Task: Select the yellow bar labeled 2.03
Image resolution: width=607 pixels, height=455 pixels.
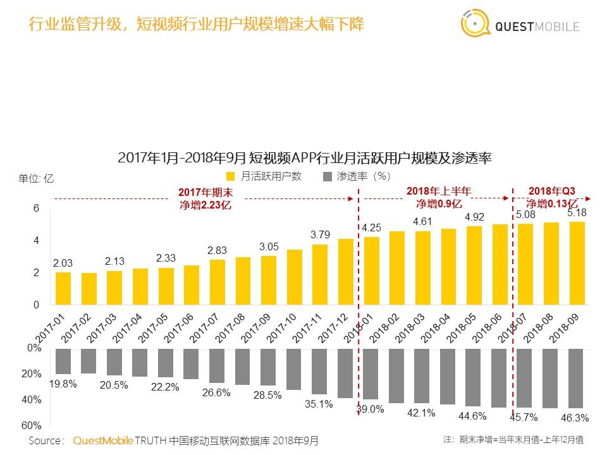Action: [63, 288]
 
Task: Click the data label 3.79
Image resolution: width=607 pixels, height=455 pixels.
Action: [320, 234]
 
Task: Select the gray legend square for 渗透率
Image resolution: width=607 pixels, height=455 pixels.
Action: [327, 176]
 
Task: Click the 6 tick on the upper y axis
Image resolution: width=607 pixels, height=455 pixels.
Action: [36, 209]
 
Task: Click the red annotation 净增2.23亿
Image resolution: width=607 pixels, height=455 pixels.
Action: [204, 205]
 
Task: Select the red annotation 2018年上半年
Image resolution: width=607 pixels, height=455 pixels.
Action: [439, 191]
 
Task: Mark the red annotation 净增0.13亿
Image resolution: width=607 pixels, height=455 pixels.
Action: [551, 203]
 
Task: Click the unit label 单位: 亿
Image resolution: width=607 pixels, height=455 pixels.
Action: [36, 178]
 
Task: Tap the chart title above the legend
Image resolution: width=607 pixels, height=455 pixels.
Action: [305, 157]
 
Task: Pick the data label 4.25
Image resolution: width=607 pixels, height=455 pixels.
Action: [372, 227]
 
